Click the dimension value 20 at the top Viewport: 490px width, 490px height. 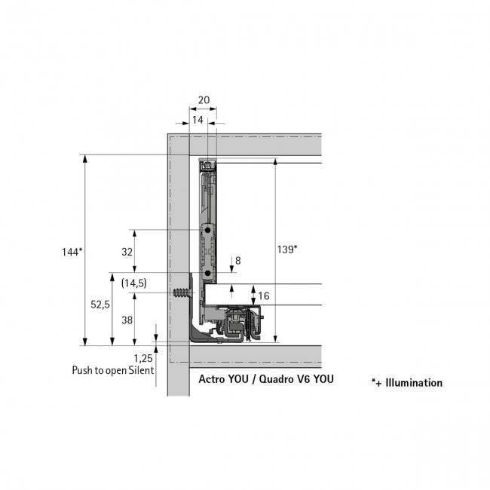(203, 100)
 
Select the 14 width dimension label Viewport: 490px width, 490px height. (197, 120)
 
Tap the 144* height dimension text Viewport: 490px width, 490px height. (72, 253)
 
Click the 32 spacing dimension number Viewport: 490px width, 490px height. (127, 252)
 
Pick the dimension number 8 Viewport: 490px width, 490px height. (238, 261)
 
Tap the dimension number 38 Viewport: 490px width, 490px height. (127, 319)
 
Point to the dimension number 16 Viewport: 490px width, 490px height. (263, 296)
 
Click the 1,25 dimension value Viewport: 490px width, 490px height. (142, 359)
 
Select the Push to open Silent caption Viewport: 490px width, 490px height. (113, 370)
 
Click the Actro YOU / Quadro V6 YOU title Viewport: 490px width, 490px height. (265, 379)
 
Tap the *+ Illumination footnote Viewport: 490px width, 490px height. (406, 383)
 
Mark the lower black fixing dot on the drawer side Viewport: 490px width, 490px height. (208, 273)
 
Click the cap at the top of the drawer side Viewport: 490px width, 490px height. (208, 164)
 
